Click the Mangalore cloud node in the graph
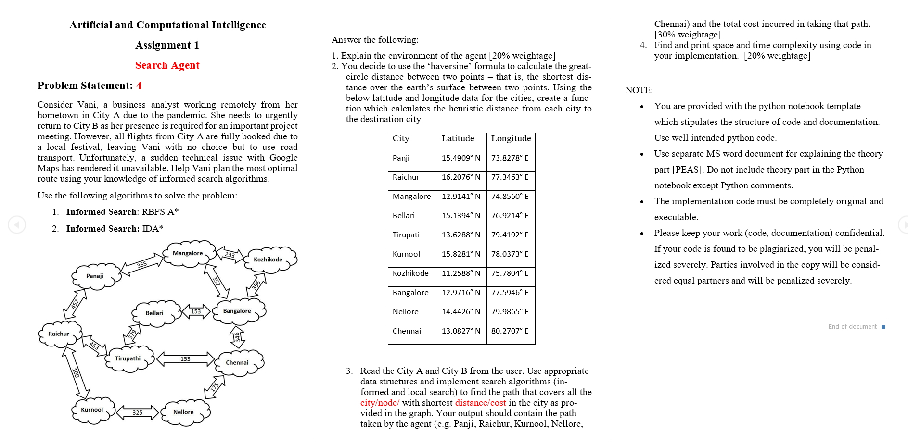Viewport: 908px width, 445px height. (x=189, y=253)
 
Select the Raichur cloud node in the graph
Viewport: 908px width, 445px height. (x=60, y=334)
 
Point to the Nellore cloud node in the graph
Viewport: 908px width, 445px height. (x=184, y=412)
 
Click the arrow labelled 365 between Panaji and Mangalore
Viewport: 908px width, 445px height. (x=142, y=264)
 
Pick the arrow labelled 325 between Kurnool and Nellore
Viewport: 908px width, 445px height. (x=138, y=412)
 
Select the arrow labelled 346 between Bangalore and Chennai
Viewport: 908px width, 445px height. (x=237, y=337)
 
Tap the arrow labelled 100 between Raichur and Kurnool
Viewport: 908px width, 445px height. (x=76, y=372)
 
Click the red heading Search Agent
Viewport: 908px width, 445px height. (x=167, y=65)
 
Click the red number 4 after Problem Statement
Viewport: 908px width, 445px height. (x=139, y=86)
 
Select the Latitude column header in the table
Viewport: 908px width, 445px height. (x=458, y=138)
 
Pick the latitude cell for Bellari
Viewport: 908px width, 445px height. (x=460, y=216)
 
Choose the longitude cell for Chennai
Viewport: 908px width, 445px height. (x=510, y=331)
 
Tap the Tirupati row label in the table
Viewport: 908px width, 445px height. (x=406, y=235)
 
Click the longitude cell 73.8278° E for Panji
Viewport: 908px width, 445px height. (x=510, y=158)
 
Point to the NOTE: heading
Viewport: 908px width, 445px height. (x=639, y=90)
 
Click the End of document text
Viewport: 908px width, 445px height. (x=852, y=327)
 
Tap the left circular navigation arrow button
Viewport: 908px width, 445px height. (x=17, y=224)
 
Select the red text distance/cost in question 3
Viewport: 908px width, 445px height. (x=480, y=403)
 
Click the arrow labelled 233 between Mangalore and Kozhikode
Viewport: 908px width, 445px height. (x=230, y=255)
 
